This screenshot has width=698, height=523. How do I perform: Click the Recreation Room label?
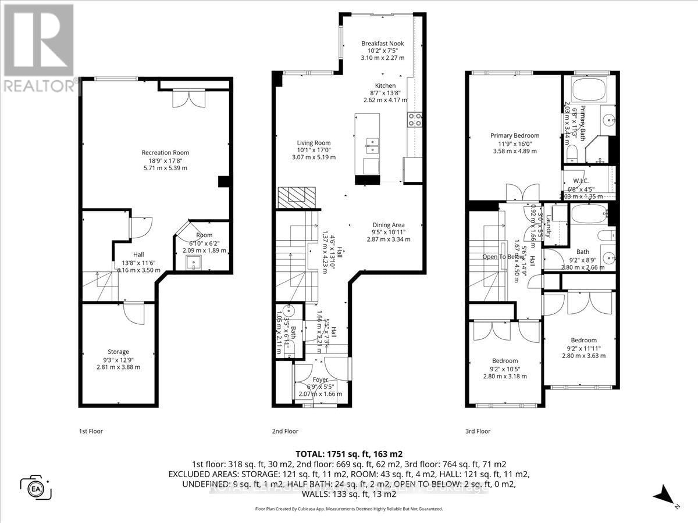(165, 153)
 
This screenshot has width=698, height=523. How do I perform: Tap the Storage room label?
(118, 352)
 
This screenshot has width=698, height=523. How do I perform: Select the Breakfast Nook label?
(382, 44)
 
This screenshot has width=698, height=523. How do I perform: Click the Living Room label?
(314, 143)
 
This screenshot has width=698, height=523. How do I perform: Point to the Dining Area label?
(388, 225)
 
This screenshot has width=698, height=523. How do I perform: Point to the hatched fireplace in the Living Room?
(295, 197)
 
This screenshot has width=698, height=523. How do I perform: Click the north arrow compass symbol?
(664, 497)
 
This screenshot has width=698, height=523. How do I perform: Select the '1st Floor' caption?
(91, 431)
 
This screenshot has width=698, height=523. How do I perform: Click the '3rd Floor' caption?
(478, 431)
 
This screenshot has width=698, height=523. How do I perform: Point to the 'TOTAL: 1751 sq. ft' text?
(349, 454)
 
